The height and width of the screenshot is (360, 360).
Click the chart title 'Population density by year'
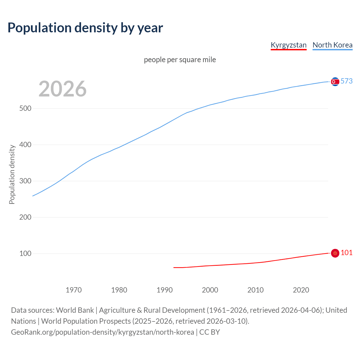(x=85, y=28)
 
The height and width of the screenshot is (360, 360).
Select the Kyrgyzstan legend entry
(x=289, y=45)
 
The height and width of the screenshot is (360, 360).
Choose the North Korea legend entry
(x=332, y=45)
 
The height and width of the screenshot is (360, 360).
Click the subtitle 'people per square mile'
(x=180, y=60)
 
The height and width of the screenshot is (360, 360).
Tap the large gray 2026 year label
(x=62, y=89)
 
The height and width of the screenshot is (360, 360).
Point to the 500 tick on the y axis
(x=25, y=109)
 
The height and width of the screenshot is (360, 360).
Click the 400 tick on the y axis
(x=25, y=145)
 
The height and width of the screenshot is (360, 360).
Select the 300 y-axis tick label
(x=25, y=181)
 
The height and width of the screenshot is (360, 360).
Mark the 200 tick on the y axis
(x=25, y=217)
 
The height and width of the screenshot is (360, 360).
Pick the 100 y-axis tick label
(x=25, y=254)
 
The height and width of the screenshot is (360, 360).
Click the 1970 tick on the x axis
(x=74, y=290)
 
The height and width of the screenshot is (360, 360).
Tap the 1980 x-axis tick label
(x=119, y=290)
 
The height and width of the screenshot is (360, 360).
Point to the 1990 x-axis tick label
(x=165, y=290)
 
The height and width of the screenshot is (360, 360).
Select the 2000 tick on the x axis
(x=210, y=290)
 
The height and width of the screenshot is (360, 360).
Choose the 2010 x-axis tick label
(x=256, y=290)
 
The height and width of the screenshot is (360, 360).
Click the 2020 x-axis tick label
(x=301, y=290)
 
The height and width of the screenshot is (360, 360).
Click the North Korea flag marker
(x=335, y=82)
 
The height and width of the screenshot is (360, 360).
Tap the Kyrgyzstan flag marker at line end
(x=335, y=253)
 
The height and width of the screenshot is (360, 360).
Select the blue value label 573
(x=346, y=81)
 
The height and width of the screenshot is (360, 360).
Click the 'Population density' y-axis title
(x=12, y=174)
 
